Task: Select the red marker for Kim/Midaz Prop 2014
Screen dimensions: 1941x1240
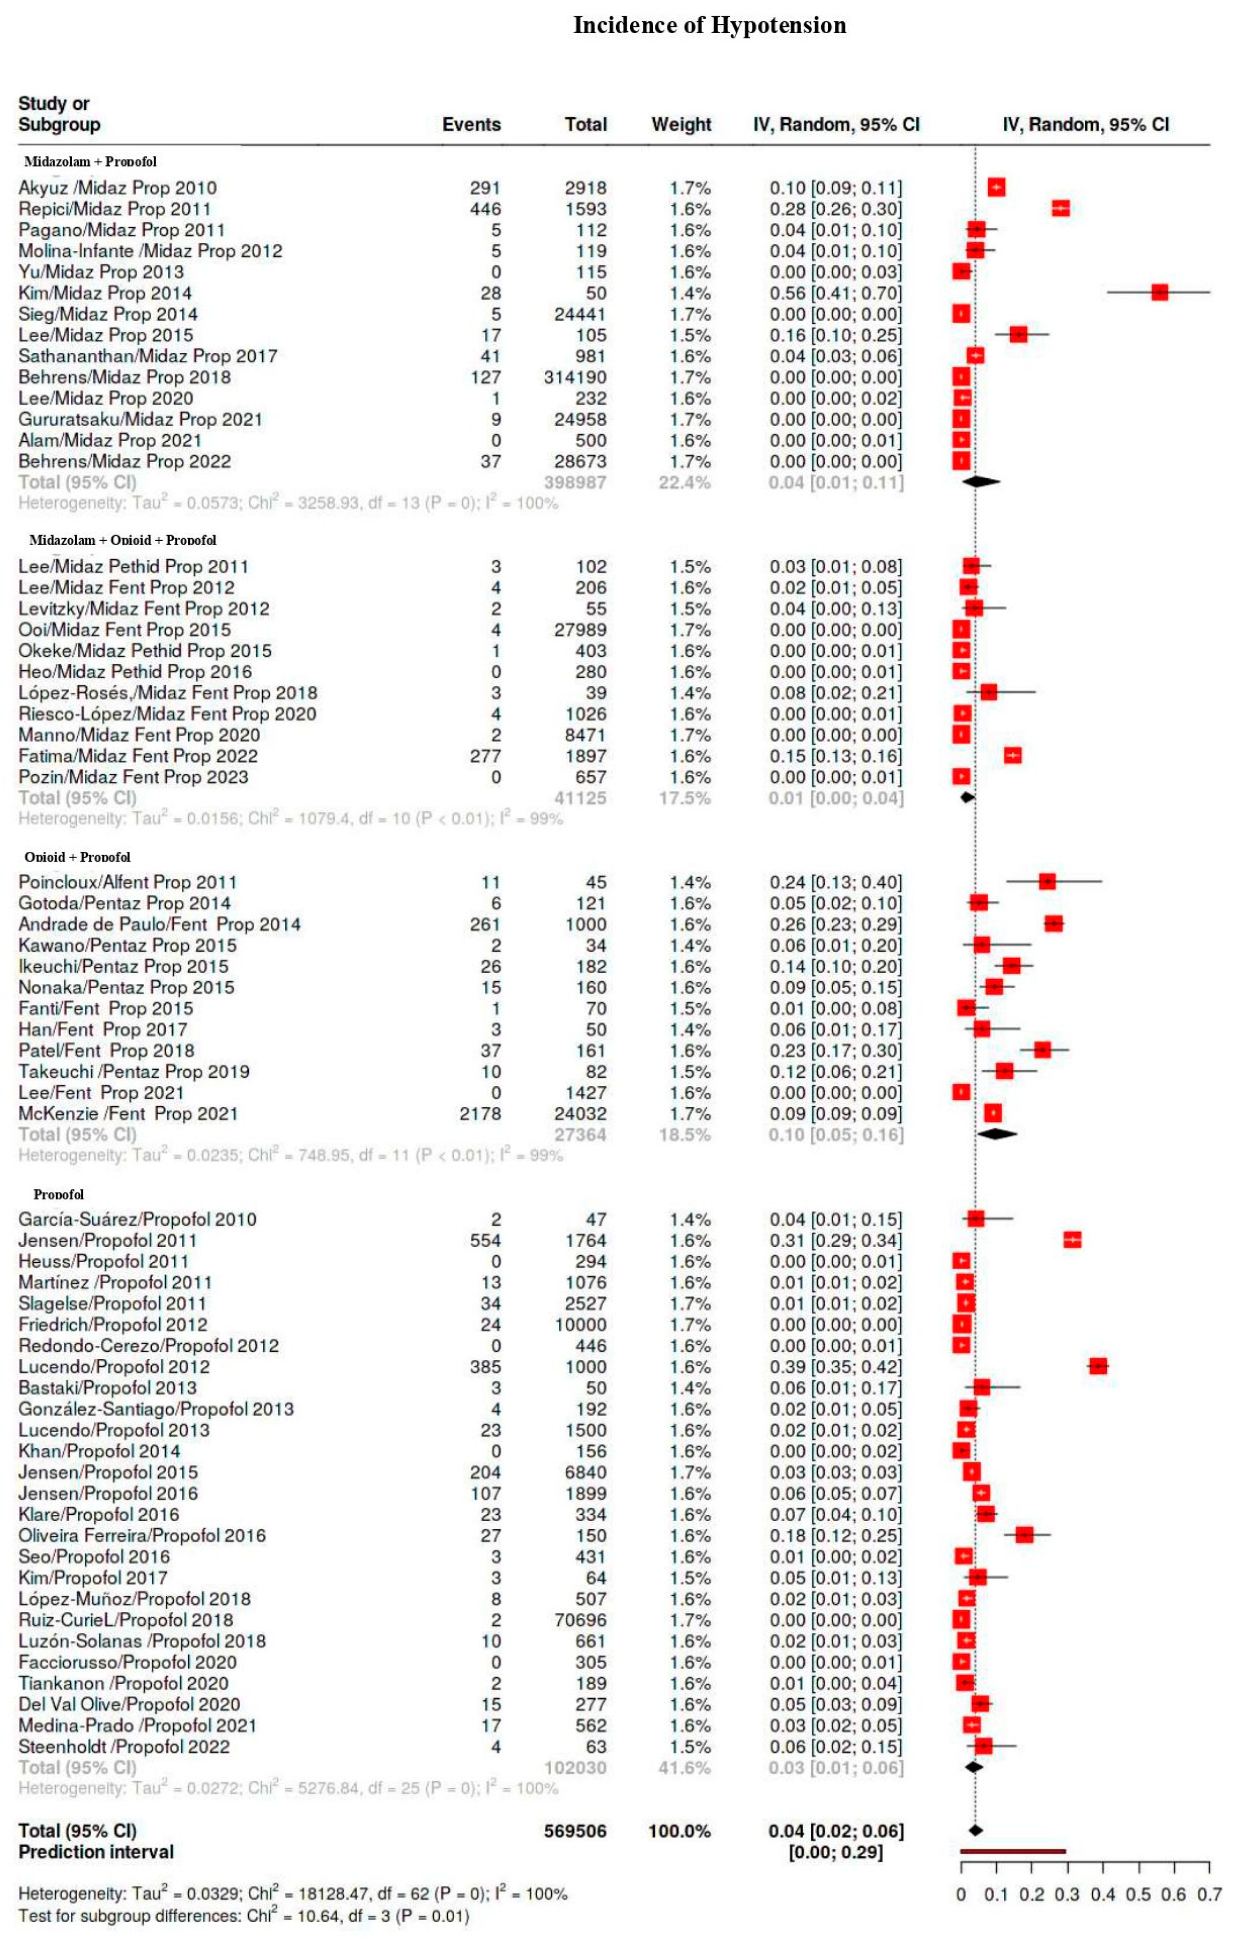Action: (x=1159, y=293)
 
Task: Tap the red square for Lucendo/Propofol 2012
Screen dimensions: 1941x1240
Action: (x=1097, y=1366)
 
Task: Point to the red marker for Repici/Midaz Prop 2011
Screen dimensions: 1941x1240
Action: (x=1060, y=209)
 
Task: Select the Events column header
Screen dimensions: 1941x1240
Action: (x=471, y=124)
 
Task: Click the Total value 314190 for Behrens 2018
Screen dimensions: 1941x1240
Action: (x=575, y=377)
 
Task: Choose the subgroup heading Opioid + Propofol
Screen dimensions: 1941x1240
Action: (x=78, y=857)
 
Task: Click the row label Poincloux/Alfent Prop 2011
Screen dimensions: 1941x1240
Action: (x=127, y=882)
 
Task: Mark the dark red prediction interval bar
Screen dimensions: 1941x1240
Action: (x=1013, y=1851)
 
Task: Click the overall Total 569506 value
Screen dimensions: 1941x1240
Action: (x=575, y=1831)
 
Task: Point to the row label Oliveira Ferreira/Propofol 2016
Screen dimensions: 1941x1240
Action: (x=142, y=1535)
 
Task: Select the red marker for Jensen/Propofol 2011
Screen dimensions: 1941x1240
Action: (x=1072, y=1240)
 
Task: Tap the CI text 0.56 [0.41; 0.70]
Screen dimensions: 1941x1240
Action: (x=835, y=293)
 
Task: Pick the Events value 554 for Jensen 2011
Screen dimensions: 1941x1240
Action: (x=485, y=1240)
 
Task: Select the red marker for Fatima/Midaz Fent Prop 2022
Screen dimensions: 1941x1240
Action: (x=1013, y=755)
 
